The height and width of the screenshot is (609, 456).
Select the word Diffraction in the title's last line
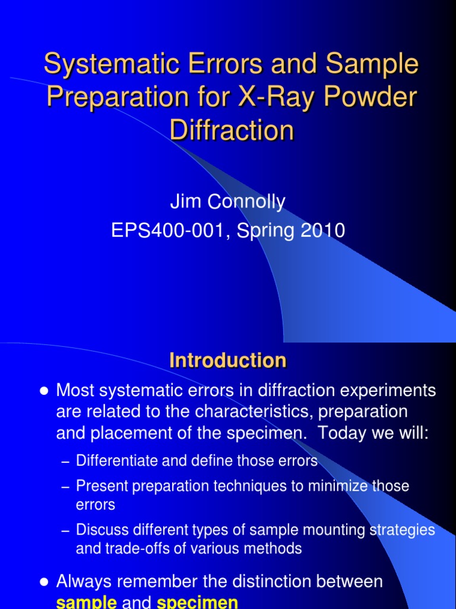[232, 130]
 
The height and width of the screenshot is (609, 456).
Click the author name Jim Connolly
[227, 202]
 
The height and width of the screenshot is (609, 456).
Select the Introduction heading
[228, 360]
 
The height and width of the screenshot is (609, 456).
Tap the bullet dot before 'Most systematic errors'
[43, 391]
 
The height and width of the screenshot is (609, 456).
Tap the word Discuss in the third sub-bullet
[99, 529]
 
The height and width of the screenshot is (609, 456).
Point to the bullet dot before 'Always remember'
[43, 582]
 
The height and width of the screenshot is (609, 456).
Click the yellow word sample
[86, 602]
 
